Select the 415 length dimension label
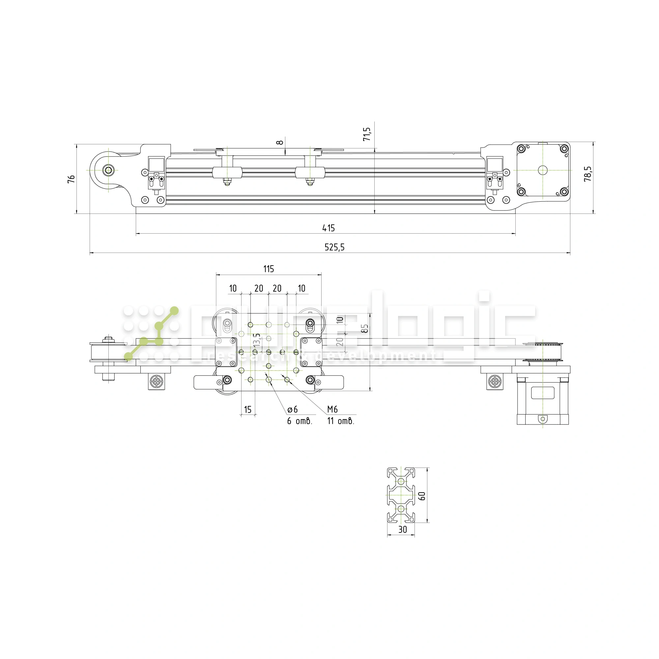pyautogui.click(x=329, y=228)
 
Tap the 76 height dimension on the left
pyautogui.click(x=71, y=179)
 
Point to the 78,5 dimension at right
pyautogui.click(x=587, y=174)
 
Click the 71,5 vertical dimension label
pyautogui.click(x=367, y=134)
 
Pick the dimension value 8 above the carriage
pyautogui.click(x=280, y=142)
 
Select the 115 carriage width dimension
pyautogui.click(x=269, y=269)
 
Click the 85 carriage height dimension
pyautogui.click(x=365, y=329)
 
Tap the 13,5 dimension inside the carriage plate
pyautogui.click(x=257, y=340)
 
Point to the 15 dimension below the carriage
pyautogui.click(x=248, y=409)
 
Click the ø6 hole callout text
pyautogui.click(x=292, y=409)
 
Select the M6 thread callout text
pyautogui.click(x=332, y=409)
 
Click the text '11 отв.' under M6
pyautogui.click(x=340, y=421)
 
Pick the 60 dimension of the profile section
pyautogui.click(x=422, y=496)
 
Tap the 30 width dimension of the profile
pyautogui.click(x=403, y=530)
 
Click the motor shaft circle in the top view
pyautogui.click(x=542, y=170)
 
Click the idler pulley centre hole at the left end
pyautogui.click(x=108, y=170)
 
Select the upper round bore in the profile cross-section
pyautogui.click(x=401, y=482)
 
